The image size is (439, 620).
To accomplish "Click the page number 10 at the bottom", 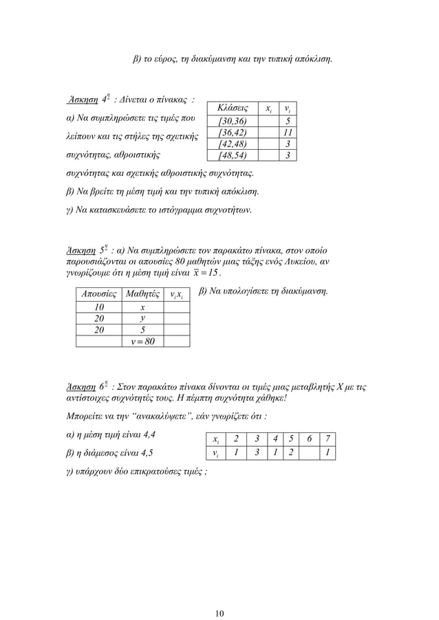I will pyautogui.click(x=219, y=595).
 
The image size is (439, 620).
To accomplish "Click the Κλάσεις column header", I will pyautogui.click(x=233, y=109).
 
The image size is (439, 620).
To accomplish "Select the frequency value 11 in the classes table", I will pyautogui.click(x=289, y=132).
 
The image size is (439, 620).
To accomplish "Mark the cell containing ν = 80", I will pyautogui.click(x=142, y=340).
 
